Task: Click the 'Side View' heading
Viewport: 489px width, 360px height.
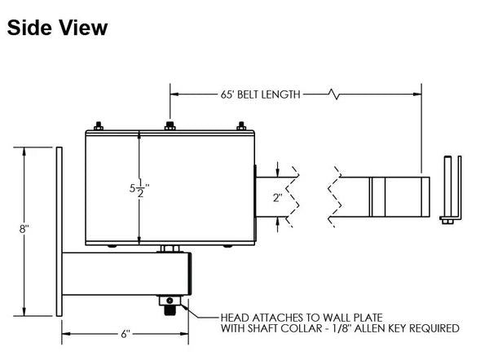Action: pos(57,28)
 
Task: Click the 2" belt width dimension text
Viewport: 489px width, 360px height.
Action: pos(278,197)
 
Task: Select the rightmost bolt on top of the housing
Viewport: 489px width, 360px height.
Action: pos(241,126)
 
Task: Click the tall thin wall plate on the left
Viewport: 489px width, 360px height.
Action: pos(59,232)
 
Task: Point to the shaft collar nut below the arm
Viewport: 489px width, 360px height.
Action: pos(170,304)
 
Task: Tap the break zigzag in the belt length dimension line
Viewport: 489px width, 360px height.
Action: pos(333,94)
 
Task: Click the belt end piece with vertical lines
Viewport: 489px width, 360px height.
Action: pos(394,195)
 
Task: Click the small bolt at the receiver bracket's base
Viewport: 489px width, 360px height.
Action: pos(447,218)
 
